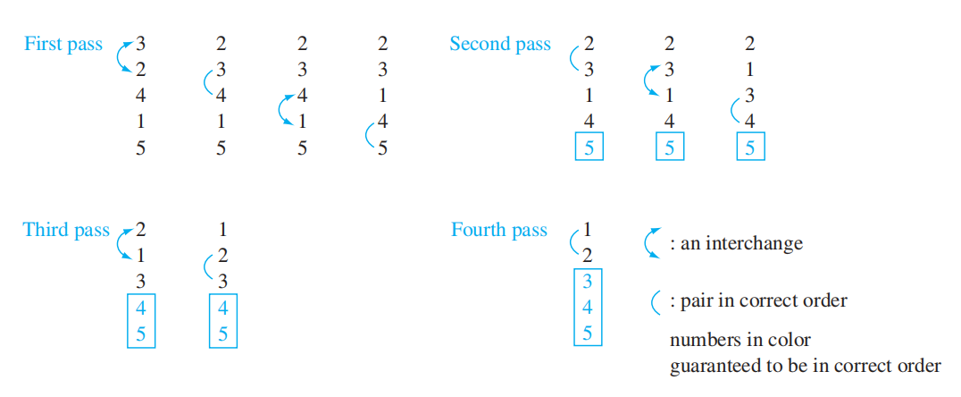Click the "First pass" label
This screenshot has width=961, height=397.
point(63,44)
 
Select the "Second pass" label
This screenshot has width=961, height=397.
point(500,44)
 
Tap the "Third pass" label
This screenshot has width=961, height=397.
point(66,230)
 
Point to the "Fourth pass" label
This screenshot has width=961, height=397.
point(499,230)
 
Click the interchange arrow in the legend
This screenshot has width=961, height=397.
point(651,243)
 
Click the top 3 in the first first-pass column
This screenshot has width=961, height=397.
point(141,43)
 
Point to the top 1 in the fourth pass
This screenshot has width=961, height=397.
point(587,229)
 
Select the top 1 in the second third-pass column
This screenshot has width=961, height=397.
point(222,230)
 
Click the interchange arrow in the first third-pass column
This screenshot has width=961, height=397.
point(123,242)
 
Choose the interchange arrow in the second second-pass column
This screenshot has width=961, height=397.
point(651,82)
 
